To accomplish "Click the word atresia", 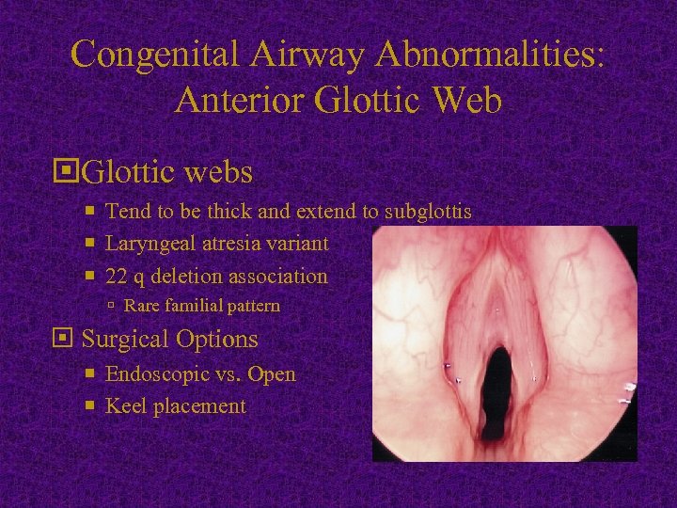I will (x=226, y=244).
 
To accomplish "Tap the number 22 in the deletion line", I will (x=117, y=277).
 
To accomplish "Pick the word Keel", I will (x=125, y=406).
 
